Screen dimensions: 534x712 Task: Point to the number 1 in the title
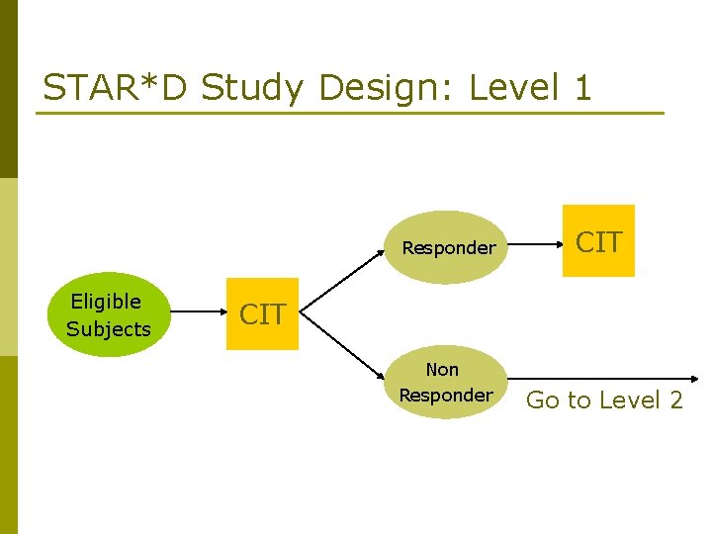tap(582, 88)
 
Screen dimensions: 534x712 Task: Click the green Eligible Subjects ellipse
tap(109, 314)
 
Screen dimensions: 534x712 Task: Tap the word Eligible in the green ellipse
tap(107, 302)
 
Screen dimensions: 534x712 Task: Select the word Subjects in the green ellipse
tap(109, 329)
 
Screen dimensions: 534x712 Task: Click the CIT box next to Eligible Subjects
tap(262, 314)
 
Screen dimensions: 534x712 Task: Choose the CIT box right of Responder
tap(598, 241)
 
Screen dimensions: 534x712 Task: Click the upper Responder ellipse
tap(448, 247)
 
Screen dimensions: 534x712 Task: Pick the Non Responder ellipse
tap(445, 382)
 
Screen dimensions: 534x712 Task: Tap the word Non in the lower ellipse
tap(443, 369)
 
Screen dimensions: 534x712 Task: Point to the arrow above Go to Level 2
tap(603, 379)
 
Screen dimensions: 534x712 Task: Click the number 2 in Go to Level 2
tap(674, 400)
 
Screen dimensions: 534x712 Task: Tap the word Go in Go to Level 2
tap(544, 400)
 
